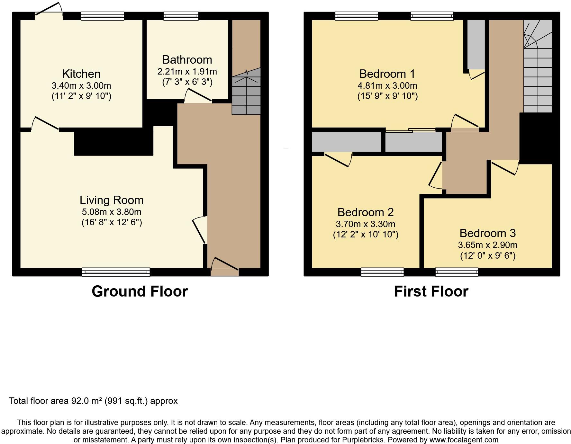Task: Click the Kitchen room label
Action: [x=81, y=74]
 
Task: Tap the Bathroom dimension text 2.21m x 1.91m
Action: [x=187, y=71]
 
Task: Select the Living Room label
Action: [x=112, y=200]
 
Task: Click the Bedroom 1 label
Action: [x=387, y=74]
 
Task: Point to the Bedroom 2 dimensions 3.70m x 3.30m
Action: [x=366, y=224]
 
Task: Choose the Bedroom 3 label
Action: [x=487, y=233]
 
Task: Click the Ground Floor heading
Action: [x=140, y=291]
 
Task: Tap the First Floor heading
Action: [x=431, y=291]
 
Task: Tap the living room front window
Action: [x=116, y=272]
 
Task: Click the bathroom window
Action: [x=181, y=16]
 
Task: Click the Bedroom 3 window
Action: [x=457, y=272]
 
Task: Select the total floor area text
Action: [x=93, y=401]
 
